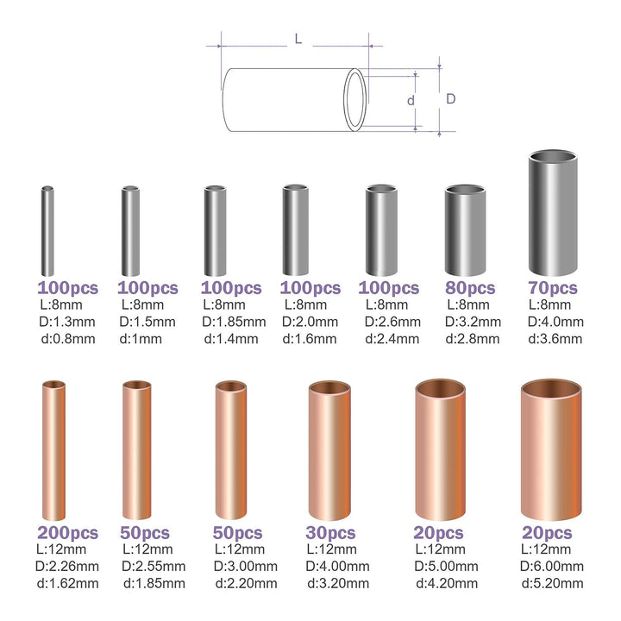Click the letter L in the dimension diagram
tap(298, 40)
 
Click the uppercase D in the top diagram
tap(450, 99)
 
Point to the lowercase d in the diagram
tap(411, 101)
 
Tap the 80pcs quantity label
tap(470, 288)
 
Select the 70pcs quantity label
tap(553, 288)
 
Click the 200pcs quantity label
tap(67, 533)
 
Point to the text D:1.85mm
tap(231, 322)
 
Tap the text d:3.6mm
tap(553, 338)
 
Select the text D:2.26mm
tap(67, 567)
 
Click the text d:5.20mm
tap(553, 583)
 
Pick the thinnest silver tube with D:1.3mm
tap(48, 231)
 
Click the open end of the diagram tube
tap(354, 100)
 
